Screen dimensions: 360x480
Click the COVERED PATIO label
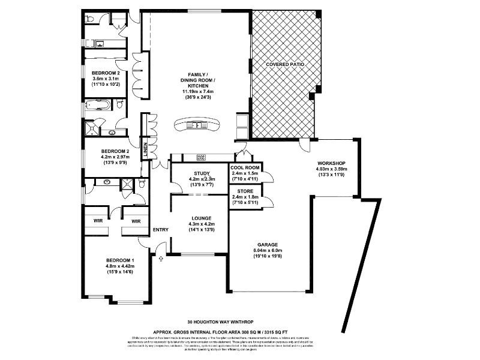[x=286, y=64]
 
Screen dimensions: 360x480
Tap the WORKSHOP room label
[x=331, y=163]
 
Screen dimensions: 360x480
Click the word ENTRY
[x=161, y=230]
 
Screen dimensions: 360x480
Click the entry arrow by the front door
[x=161, y=259]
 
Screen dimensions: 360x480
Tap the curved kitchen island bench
[x=196, y=125]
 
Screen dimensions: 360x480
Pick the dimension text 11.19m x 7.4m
[x=197, y=92]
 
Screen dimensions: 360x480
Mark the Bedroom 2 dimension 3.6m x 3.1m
[x=106, y=79]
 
